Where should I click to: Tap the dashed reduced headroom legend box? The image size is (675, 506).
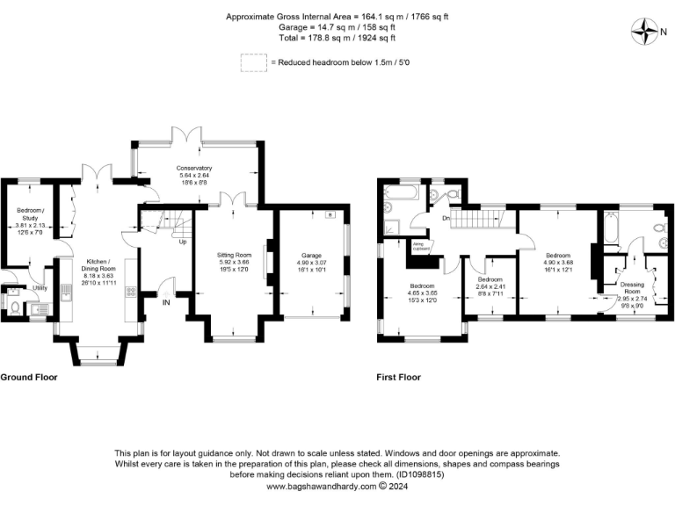[x=253, y=62]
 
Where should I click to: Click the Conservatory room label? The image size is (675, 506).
[x=194, y=168]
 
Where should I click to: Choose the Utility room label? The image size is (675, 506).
[x=40, y=287]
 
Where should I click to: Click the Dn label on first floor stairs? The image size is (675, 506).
[x=446, y=218]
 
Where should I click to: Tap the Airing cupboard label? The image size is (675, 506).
[x=422, y=249]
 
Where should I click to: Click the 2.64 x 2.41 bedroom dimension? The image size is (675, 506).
[x=490, y=286]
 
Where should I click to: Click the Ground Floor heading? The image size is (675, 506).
[x=31, y=377]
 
